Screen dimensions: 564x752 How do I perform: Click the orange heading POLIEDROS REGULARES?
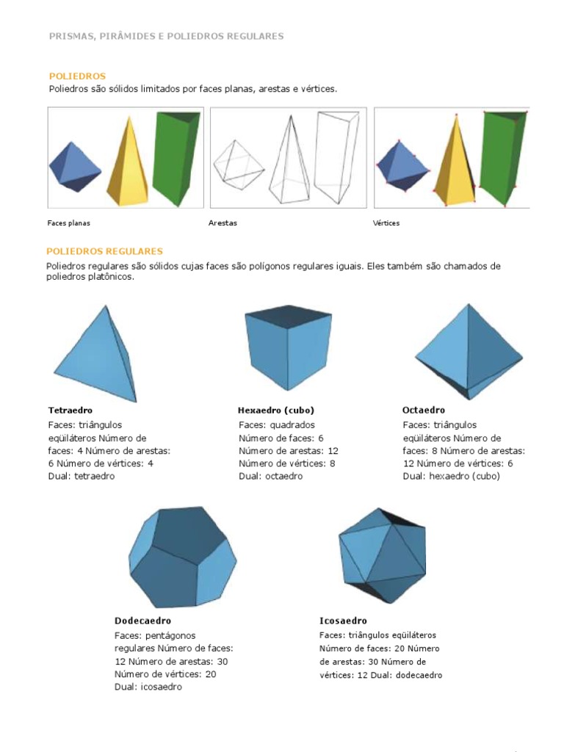(x=104, y=251)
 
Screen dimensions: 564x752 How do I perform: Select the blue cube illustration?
(x=288, y=347)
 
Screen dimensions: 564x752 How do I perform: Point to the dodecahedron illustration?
(x=183, y=557)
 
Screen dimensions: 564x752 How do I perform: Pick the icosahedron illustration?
(x=382, y=555)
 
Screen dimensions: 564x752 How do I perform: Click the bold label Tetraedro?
(x=70, y=411)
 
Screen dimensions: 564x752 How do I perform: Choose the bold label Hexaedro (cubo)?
(x=276, y=411)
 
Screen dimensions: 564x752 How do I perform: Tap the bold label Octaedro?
(x=424, y=410)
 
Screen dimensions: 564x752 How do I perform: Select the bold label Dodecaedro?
(x=142, y=621)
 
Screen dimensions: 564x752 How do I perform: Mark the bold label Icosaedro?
(x=344, y=621)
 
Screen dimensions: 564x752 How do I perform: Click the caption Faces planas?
(x=68, y=223)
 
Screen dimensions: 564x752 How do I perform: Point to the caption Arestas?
(x=223, y=223)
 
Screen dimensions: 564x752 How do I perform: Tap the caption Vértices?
(x=386, y=223)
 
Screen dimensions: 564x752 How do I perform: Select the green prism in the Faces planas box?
(x=176, y=159)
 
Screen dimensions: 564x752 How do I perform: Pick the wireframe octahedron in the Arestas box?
(x=239, y=164)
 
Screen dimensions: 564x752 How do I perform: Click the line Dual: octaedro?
(x=271, y=476)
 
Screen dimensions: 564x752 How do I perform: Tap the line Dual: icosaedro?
(x=148, y=687)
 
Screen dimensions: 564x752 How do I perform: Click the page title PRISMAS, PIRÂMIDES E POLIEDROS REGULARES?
(x=167, y=37)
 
